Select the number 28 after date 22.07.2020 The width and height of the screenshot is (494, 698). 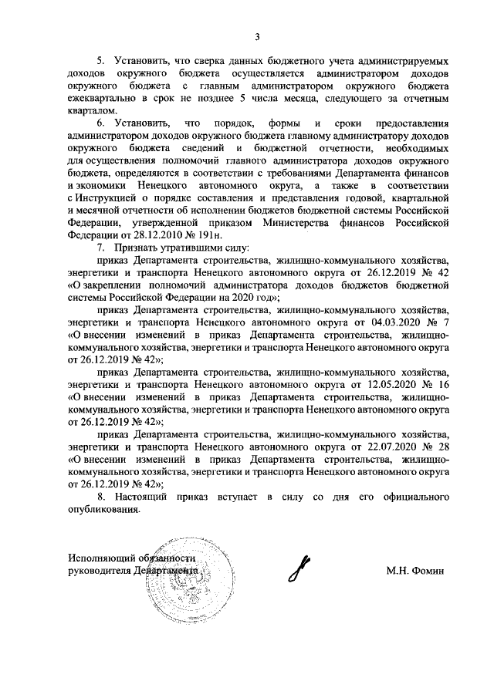[442, 447]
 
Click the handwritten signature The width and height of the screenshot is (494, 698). [305, 569]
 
